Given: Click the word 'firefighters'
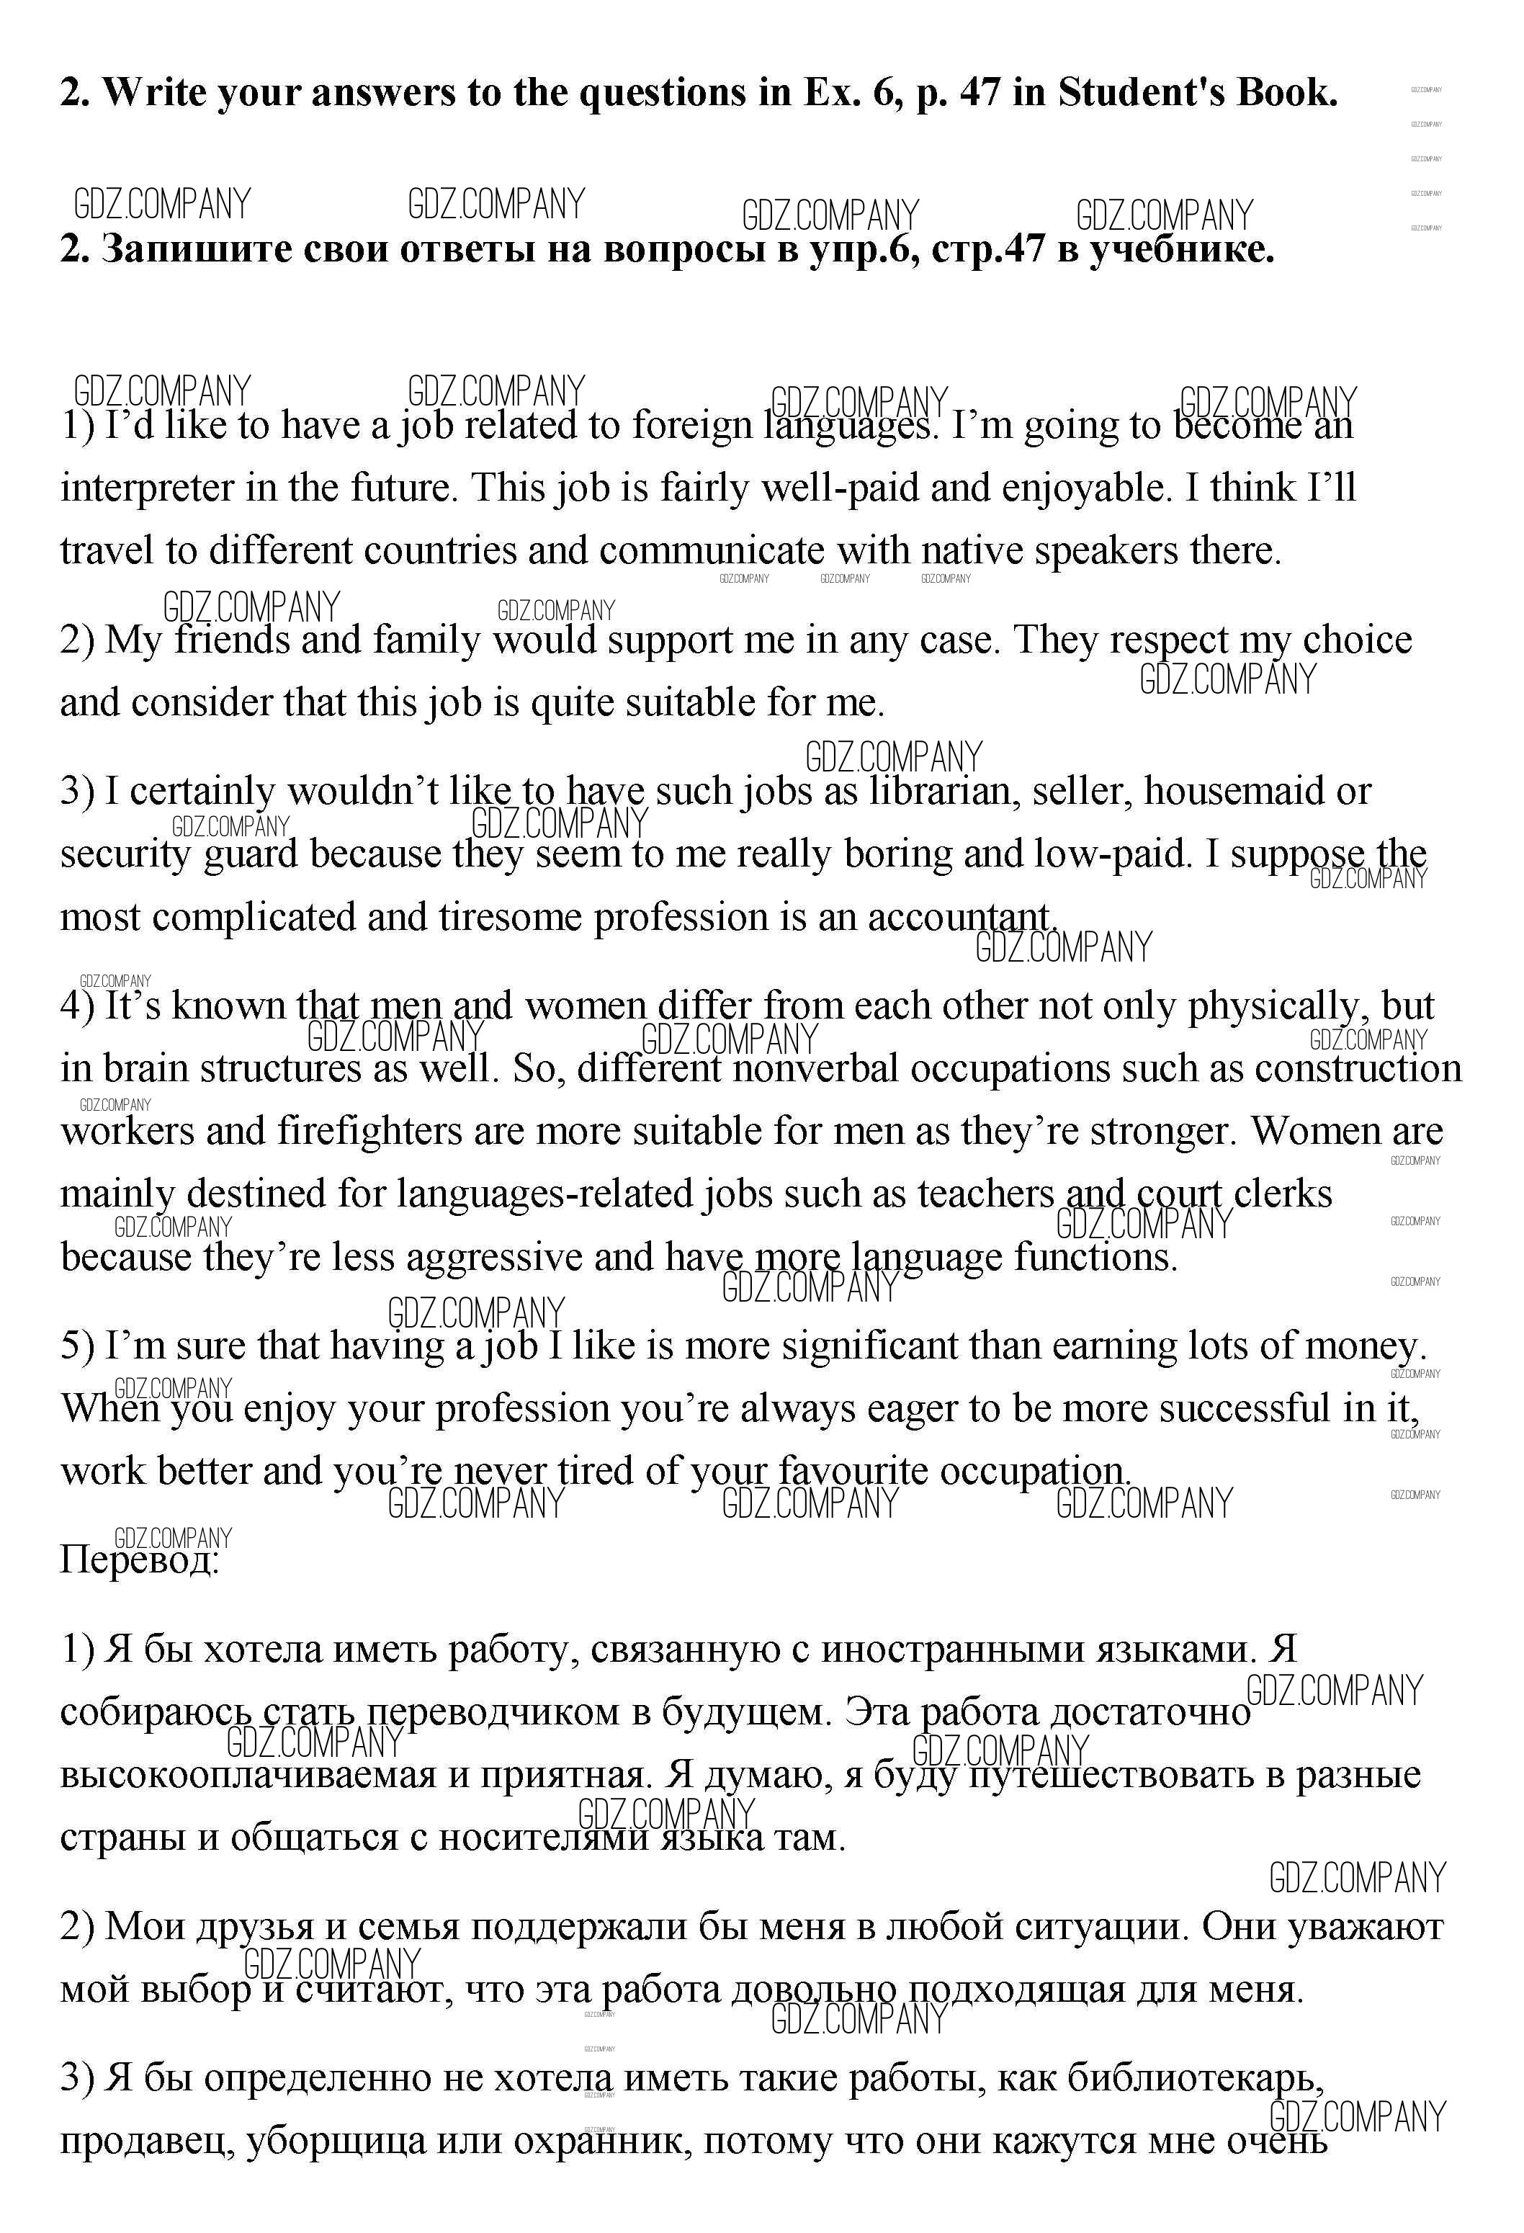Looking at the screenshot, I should tap(370, 1131).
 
